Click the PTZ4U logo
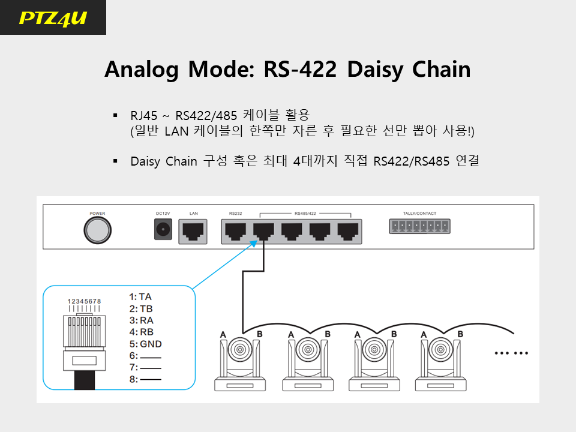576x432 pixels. point(53,18)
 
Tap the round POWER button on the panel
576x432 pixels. point(97,230)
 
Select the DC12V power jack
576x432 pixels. point(163,230)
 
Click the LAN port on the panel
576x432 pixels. point(193,232)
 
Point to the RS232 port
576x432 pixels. point(235,232)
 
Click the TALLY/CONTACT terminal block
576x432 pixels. point(419,226)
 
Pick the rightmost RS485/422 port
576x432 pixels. point(348,232)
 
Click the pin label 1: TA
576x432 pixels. point(140,297)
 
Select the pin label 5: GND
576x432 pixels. point(145,344)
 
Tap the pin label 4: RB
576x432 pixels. point(142,332)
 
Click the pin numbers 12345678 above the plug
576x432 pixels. point(84,301)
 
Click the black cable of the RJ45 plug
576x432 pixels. point(85,380)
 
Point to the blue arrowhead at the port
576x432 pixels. point(253,244)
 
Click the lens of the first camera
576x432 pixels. point(240,349)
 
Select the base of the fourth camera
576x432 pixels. point(441,385)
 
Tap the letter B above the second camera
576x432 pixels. point(328,334)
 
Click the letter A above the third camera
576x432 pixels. point(358,335)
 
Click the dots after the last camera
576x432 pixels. point(511,353)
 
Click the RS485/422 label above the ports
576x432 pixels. point(305,214)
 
